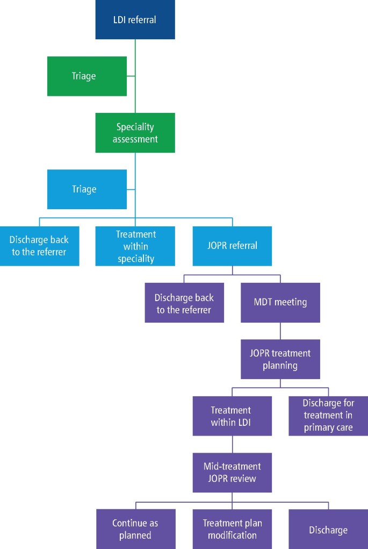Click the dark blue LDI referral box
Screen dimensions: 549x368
[x=135, y=20]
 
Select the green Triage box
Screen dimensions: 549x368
[x=86, y=76]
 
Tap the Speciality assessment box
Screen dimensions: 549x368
[x=135, y=133]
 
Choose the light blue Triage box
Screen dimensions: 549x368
[x=86, y=189]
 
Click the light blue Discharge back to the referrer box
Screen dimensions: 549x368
[x=39, y=246]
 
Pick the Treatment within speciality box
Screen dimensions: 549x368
[x=135, y=246]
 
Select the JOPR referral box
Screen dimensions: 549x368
[x=233, y=246]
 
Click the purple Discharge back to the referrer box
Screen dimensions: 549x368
[x=184, y=303]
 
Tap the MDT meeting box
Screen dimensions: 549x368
[x=280, y=303]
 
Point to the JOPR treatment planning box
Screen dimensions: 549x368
[x=280, y=359]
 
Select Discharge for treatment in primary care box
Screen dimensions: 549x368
[x=328, y=416]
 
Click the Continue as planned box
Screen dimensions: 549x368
[x=135, y=529]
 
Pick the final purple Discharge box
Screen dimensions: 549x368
[x=328, y=530]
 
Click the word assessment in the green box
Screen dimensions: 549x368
[x=135, y=139]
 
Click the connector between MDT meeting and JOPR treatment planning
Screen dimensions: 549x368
[x=280, y=331]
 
